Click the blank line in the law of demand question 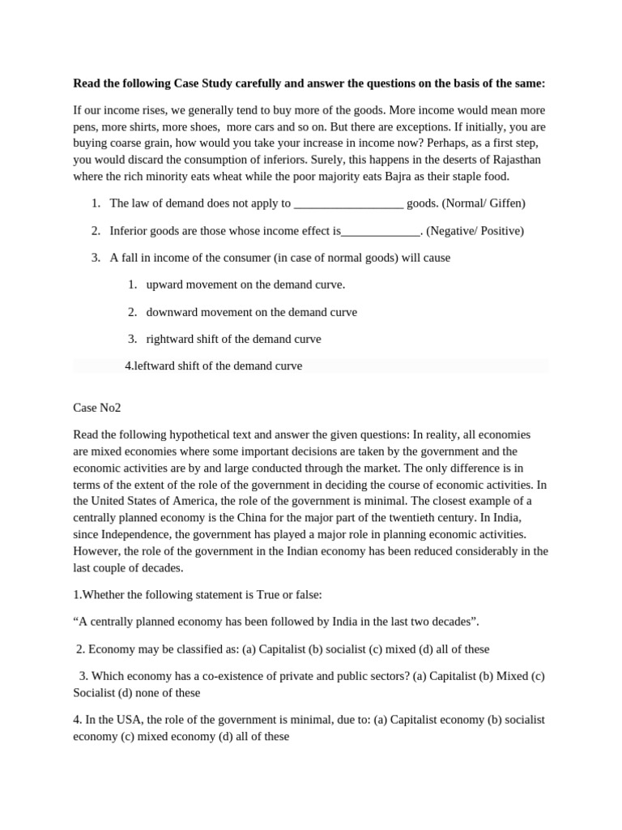pos(348,204)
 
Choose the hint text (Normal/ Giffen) pos(484,203)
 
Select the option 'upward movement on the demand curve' pos(245,285)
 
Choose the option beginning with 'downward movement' pos(251,311)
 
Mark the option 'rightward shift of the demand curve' pos(233,339)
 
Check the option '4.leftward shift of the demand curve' pos(214,366)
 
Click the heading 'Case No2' pos(96,408)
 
